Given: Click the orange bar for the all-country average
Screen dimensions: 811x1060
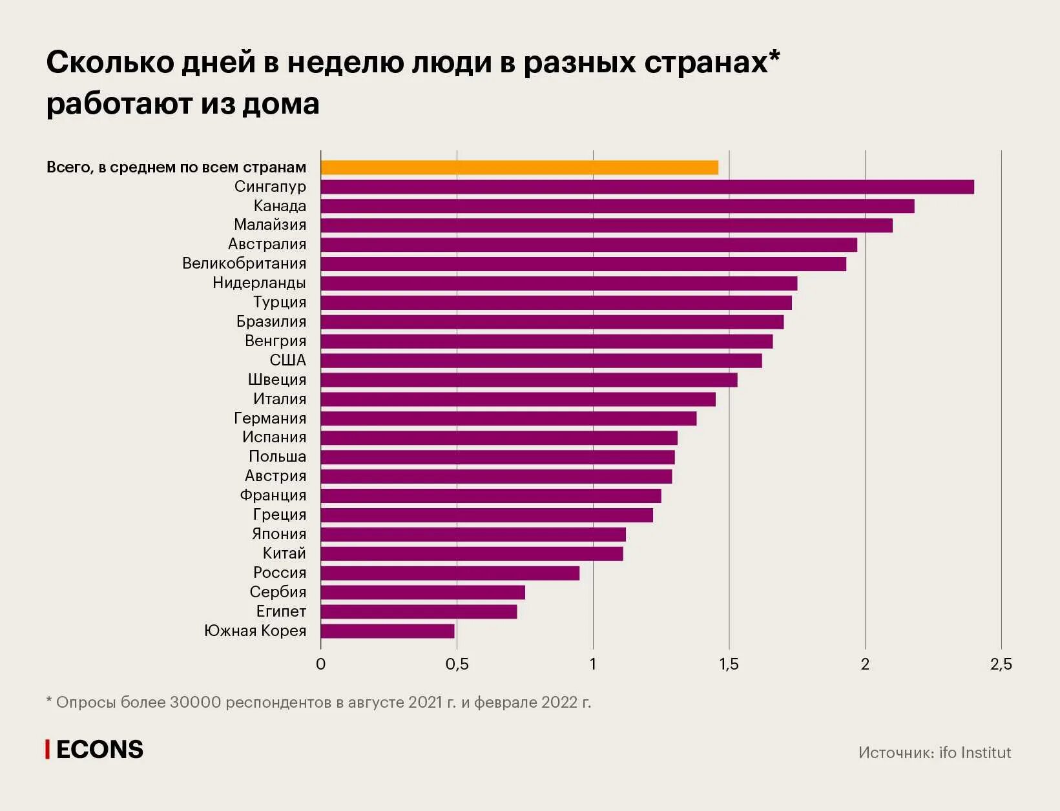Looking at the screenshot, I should pos(519,167).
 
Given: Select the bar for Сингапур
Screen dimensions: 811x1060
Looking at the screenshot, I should pos(647,187).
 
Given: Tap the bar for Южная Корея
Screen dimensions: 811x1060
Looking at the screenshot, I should pos(388,631).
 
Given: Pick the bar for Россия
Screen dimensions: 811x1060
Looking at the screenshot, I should pos(450,573).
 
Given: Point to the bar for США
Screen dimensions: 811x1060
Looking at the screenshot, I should pos(541,360).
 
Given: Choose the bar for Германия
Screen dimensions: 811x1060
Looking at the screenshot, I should pos(508,418).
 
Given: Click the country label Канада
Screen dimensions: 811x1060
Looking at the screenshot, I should pos(280,206).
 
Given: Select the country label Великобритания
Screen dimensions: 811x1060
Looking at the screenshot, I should pos(244,263).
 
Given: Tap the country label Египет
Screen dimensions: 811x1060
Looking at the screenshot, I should pos(281,611).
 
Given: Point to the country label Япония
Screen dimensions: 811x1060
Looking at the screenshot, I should pos(279,534).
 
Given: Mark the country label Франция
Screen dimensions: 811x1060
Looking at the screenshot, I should pos(273,495).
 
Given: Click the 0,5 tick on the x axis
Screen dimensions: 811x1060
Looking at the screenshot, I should pos(457,664).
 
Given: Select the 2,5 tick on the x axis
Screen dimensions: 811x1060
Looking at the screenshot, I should pos(1001,664).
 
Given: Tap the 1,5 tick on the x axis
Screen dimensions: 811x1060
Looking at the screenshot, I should pos(729,664).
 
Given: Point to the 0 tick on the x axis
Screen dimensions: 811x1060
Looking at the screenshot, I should pos(321,664).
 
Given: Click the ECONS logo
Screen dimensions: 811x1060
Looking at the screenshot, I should pos(95,750).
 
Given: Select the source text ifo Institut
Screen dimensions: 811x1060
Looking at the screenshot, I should pos(975,752).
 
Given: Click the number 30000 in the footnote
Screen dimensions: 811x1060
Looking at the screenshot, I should pos(195,703).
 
